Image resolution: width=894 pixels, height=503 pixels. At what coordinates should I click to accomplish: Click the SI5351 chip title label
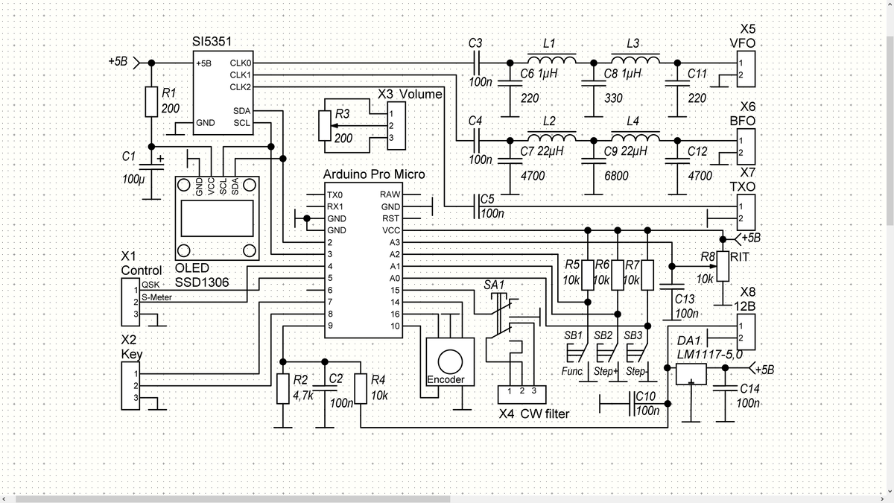212,42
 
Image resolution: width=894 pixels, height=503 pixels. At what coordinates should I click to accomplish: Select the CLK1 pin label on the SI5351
240,75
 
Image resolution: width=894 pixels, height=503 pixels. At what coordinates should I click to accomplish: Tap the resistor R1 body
151,102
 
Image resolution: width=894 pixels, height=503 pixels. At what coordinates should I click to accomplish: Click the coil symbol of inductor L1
552,59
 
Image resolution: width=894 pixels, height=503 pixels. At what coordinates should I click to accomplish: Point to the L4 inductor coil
635,137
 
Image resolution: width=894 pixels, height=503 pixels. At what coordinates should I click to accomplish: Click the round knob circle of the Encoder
450,361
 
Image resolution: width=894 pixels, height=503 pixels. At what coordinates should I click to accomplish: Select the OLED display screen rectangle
217,218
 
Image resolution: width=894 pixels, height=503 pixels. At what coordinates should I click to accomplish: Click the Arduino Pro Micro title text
374,174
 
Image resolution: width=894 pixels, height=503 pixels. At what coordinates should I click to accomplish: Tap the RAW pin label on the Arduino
390,194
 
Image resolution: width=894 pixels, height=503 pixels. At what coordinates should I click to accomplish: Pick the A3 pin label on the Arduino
394,242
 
